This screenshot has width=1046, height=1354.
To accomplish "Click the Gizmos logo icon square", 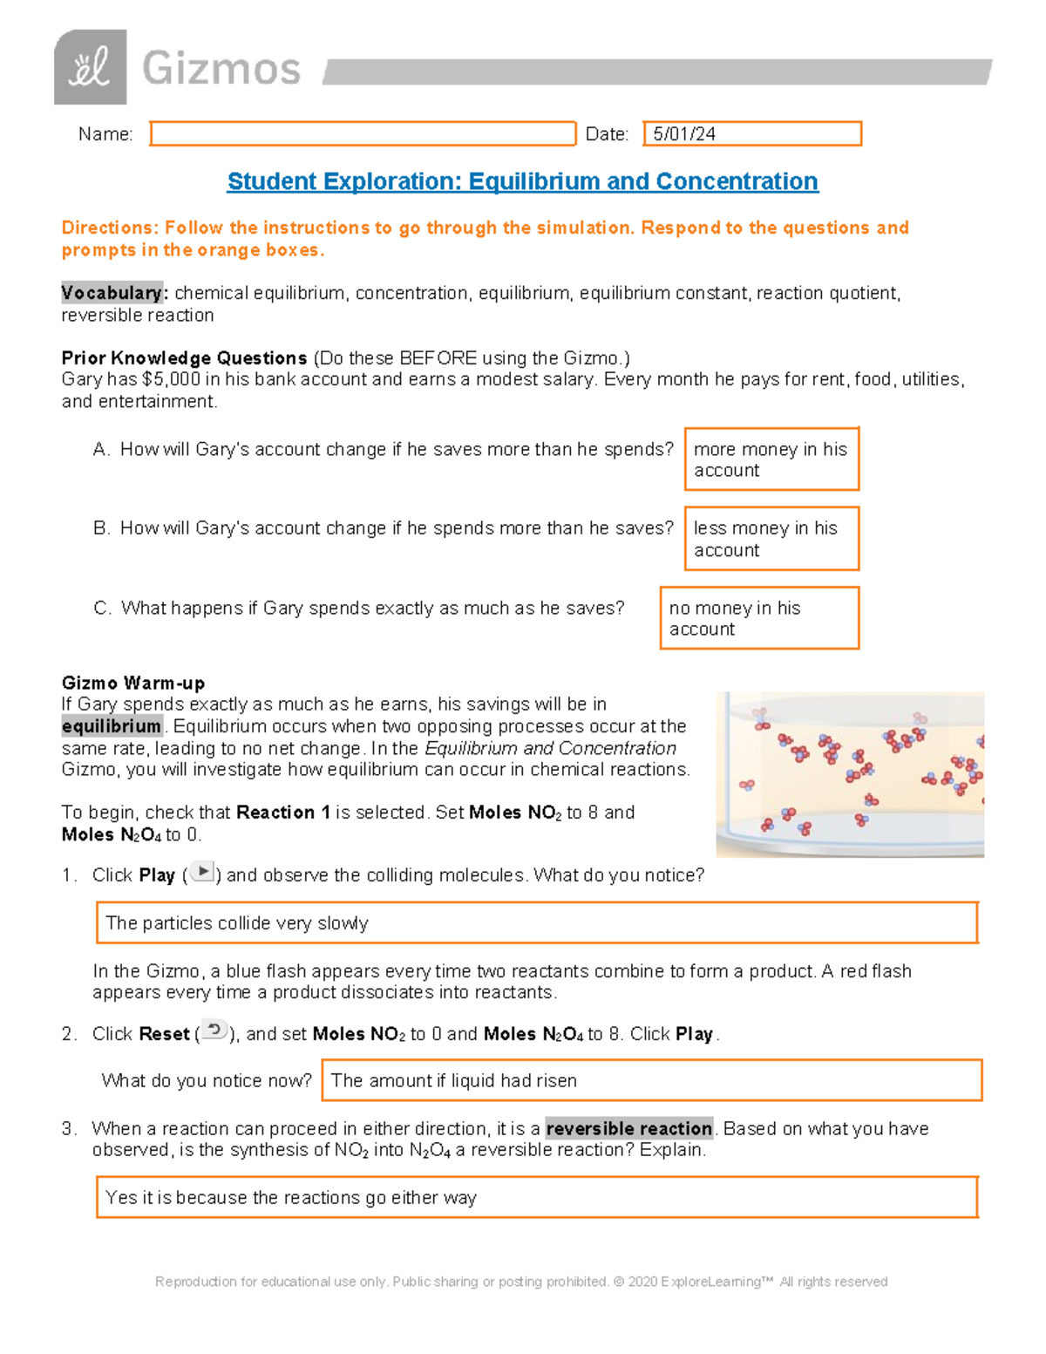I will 90,67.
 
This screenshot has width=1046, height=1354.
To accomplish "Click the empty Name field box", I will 363,133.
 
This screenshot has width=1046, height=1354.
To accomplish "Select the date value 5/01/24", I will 684,134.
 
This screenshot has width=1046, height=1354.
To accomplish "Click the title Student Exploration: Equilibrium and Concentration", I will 522,181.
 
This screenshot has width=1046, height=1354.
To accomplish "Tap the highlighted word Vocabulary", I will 112,293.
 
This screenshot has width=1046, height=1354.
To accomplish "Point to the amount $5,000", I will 171,379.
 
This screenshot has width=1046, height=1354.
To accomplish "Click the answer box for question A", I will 771,459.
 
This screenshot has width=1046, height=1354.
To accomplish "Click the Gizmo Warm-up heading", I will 133,683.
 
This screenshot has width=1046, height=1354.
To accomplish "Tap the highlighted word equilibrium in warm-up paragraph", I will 112,726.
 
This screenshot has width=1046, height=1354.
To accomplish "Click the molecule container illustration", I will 850,774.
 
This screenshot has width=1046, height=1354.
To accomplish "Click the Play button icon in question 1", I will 202,872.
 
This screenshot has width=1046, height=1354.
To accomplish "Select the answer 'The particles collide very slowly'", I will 237,923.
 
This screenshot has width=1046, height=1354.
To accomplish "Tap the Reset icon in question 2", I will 214,1031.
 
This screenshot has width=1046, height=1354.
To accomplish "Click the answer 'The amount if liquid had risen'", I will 454,1081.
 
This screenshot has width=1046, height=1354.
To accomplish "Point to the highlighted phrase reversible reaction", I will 628,1128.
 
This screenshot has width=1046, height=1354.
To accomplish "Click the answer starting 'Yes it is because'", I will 291,1198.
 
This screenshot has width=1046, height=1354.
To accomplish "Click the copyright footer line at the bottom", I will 521,1282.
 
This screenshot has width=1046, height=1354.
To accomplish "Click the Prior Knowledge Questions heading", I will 184,358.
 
